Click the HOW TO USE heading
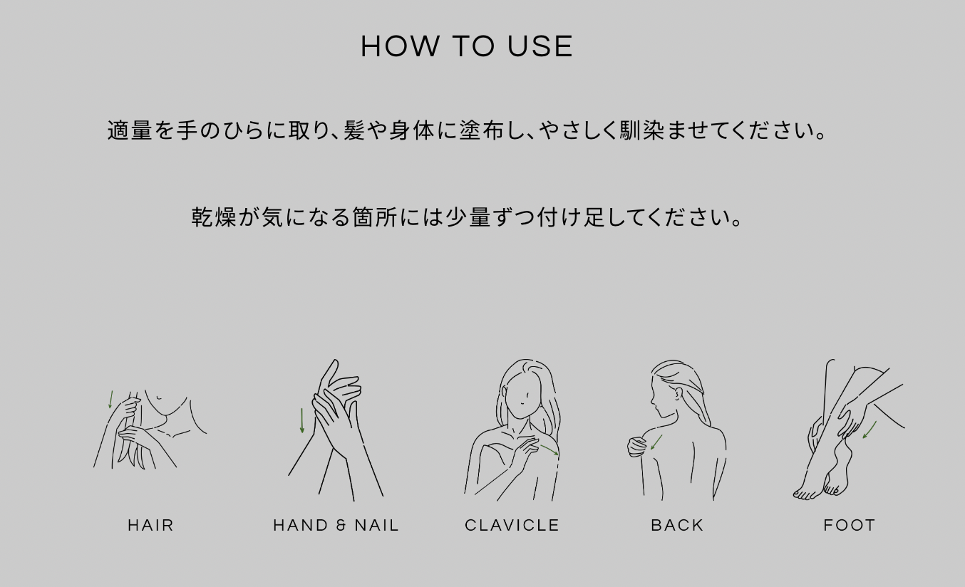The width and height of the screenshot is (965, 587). tap(467, 46)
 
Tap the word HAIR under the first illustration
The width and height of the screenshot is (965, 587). tap(151, 525)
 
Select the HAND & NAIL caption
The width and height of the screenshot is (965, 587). tap(336, 525)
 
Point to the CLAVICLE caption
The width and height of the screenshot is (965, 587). tap(512, 525)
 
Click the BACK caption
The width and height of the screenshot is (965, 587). tap(677, 525)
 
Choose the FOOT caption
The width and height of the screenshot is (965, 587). tap(850, 525)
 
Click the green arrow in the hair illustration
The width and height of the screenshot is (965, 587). tap(110, 399)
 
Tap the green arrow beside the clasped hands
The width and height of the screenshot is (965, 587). tap(302, 420)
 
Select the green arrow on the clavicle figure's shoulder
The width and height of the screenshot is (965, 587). tap(549, 450)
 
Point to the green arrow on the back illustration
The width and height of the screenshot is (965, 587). tap(656, 442)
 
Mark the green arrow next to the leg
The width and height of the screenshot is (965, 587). tap(869, 430)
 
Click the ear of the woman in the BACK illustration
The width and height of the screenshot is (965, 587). tap(679, 393)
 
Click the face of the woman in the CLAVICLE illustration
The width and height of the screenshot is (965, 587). tap(522, 397)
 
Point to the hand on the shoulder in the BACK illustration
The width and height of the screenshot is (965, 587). tap(636, 447)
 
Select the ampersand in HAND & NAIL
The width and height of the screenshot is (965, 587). tap(341, 525)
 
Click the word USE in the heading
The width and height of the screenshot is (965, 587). tap(540, 46)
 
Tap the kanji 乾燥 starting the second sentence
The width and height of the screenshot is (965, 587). tap(214, 217)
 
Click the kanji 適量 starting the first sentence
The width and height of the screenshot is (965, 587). tap(130, 130)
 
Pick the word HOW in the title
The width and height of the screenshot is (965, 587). tap(401, 46)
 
